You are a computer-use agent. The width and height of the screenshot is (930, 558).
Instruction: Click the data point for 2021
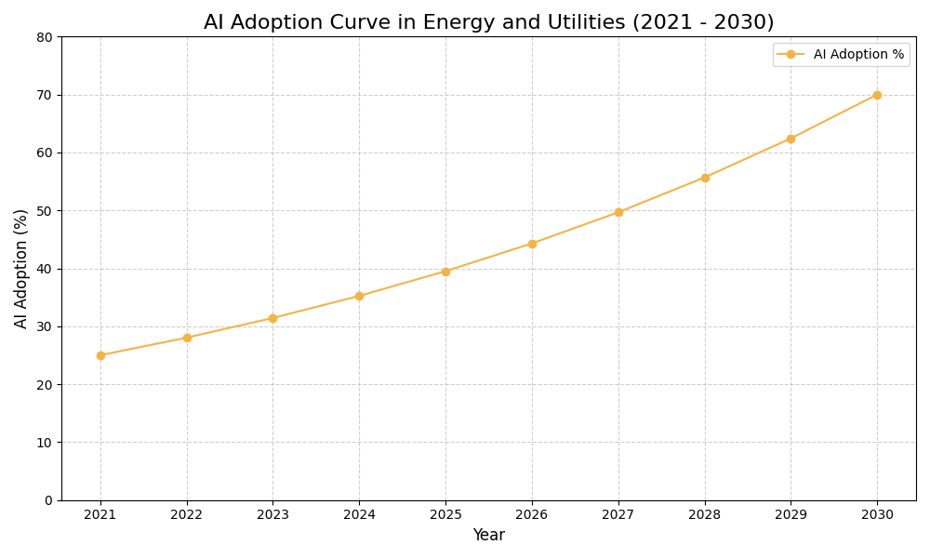[x=100, y=355]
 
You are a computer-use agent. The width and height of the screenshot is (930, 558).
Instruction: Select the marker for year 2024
[x=359, y=296]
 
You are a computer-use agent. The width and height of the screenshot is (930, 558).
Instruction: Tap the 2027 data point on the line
[x=618, y=212]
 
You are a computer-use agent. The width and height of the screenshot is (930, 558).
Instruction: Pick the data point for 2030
[x=877, y=95]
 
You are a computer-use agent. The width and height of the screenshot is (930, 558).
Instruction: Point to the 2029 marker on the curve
[x=790, y=139]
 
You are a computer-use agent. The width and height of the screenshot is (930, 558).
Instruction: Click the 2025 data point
[x=445, y=272]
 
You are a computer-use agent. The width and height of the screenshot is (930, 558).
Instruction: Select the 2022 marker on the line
[x=187, y=338]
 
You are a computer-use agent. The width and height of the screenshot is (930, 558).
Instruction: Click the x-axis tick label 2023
[x=272, y=514]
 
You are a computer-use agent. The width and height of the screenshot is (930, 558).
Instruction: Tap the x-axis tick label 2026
[x=532, y=514]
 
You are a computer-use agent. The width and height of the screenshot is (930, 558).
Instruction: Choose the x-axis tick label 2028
[x=704, y=514]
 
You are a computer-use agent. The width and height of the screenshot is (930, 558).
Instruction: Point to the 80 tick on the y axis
[x=45, y=37]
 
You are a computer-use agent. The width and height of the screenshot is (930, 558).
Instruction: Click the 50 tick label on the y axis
[x=45, y=211]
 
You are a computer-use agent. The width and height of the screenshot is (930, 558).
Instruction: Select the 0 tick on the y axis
[x=48, y=500]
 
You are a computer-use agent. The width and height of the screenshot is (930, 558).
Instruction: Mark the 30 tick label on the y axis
[x=45, y=326]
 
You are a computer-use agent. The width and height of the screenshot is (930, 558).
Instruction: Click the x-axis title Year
[x=488, y=536]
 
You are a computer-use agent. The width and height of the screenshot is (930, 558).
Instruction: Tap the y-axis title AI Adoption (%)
[x=21, y=268]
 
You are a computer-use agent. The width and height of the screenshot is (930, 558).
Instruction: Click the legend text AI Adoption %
[x=858, y=55]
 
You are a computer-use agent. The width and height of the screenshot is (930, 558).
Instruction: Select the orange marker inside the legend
[x=790, y=55]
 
